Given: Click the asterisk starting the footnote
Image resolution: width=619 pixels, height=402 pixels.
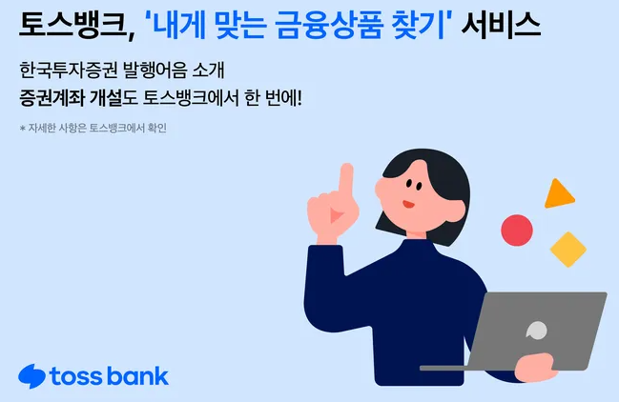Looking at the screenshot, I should pyautogui.click(x=22, y=129).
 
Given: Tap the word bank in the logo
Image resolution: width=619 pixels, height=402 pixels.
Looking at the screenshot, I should pyautogui.click(x=137, y=375).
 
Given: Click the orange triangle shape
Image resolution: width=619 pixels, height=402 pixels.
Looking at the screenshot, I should pyautogui.click(x=557, y=194).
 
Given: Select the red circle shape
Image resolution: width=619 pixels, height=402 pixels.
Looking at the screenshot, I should pyautogui.click(x=517, y=229).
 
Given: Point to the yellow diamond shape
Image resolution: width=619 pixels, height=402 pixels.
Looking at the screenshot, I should pyautogui.click(x=567, y=249).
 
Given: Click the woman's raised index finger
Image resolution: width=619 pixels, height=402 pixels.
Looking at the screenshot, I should pyautogui.click(x=346, y=177).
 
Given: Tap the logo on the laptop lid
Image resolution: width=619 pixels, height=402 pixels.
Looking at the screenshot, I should pyautogui.click(x=537, y=330).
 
